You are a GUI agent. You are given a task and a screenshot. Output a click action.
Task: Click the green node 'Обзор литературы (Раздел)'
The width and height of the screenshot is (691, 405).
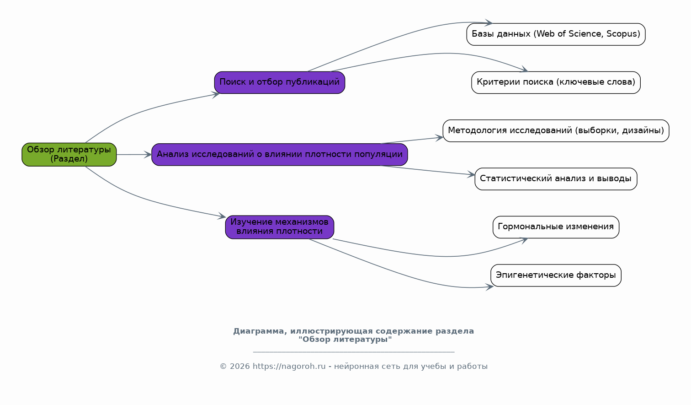point(69,155)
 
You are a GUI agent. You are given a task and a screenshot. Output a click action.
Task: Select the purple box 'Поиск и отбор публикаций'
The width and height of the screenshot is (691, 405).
point(280,82)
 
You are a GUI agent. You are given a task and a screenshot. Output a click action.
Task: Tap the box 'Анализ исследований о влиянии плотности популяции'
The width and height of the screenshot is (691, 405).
point(280,155)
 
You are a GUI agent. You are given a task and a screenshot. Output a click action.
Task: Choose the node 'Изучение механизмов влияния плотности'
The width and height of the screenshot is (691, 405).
point(280,227)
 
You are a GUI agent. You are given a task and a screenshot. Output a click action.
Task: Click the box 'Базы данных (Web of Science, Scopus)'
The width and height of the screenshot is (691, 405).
point(556,34)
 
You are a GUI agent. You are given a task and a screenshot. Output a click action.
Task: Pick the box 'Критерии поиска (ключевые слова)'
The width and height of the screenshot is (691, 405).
point(556,82)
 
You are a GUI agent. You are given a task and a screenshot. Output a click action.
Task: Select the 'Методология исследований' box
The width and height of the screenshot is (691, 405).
point(556,131)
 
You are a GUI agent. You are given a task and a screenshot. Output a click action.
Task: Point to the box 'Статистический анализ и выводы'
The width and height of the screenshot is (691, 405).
point(556,179)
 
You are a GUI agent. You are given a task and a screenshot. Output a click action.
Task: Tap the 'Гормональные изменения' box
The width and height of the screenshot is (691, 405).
point(556,227)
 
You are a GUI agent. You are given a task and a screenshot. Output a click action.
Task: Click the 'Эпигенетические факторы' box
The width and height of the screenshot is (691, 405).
point(556,275)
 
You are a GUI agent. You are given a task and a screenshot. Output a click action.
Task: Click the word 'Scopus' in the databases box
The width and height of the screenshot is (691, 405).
point(622,34)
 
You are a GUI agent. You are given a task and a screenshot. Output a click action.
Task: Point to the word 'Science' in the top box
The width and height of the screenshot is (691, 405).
point(586,34)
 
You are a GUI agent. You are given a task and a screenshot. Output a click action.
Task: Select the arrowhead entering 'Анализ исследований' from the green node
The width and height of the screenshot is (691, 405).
point(148,155)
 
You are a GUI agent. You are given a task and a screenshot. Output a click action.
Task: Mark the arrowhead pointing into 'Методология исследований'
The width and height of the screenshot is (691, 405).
point(440,138)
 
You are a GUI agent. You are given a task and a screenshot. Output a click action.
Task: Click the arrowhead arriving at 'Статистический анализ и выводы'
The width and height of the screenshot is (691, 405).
point(471,174)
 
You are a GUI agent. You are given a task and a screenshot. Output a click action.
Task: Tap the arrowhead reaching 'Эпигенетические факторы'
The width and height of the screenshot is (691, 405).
point(490,287)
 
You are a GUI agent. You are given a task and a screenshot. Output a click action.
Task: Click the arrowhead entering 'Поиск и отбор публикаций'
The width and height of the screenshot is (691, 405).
point(216,95)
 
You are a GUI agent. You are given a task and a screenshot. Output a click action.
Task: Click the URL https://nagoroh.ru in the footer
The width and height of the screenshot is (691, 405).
point(289,367)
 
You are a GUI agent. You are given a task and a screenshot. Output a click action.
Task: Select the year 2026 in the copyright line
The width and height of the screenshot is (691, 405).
point(239,367)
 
